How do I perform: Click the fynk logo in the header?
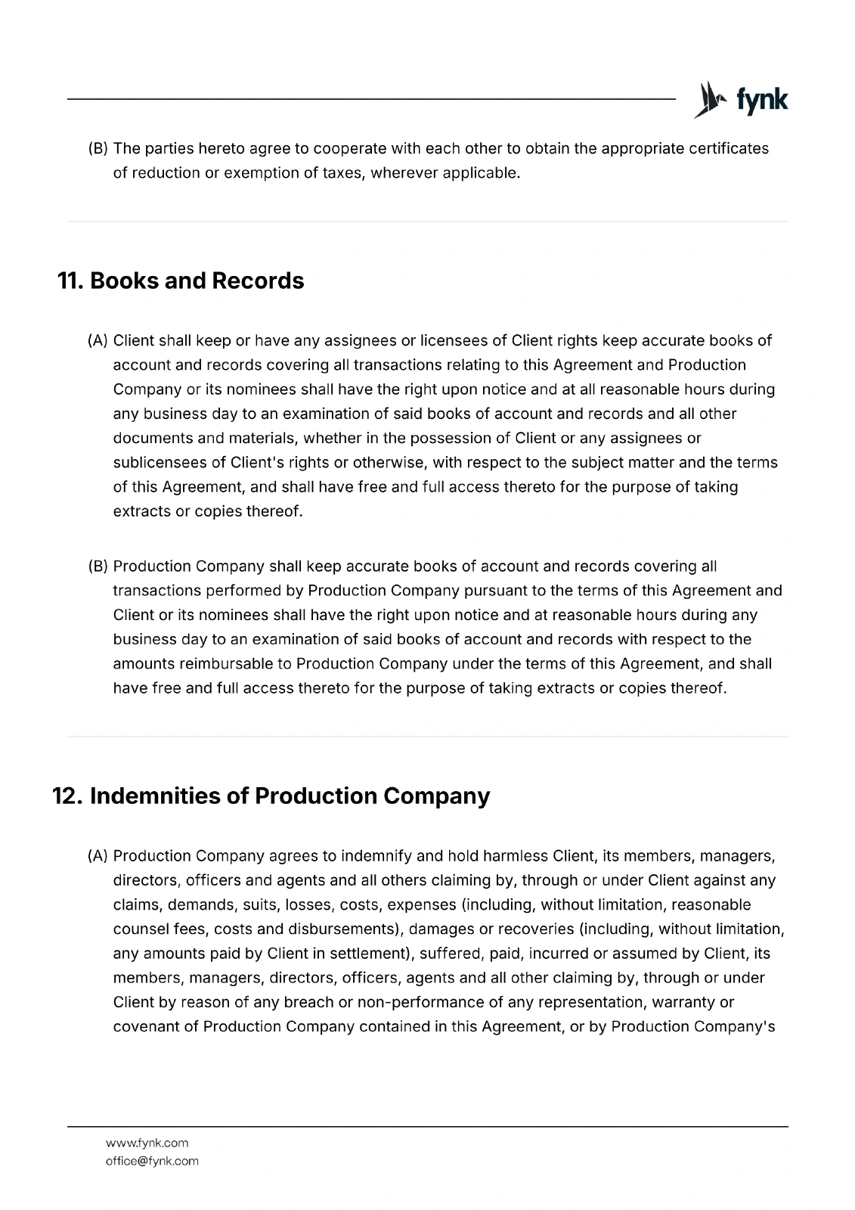pyautogui.click(x=741, y=100)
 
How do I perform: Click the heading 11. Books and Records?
pyautogui.click(x=181, y=281)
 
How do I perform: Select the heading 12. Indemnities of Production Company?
pyautogui.click(x=271, y=796)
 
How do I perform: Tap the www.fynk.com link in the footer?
pyautogui.click(x=147, y=1143)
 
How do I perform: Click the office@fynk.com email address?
pyautogui.click(x=152, y=1161)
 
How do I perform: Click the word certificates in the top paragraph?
pyautogui.click(x=728, y=148)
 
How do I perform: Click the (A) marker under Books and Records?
pyautogui.click(x=98, y=340)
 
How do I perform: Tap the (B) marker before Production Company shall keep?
pyautogui.click(x=98, y=566)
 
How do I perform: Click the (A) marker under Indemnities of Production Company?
pyautogui.click(x=98, y=856)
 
